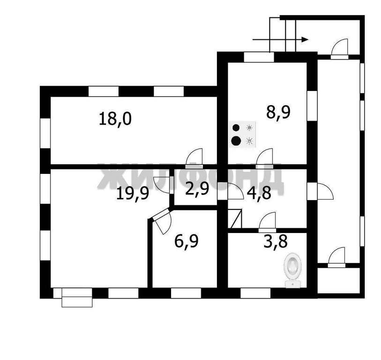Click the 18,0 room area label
115,119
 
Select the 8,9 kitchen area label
278,112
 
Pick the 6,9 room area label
187,241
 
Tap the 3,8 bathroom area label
276,241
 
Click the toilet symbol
293,270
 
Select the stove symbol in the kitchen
243,134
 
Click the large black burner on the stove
236,141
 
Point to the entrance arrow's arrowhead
305,39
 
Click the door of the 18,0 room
194,158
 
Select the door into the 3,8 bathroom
267,222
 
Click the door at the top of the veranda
340,49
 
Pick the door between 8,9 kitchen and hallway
264,158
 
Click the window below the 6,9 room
186,293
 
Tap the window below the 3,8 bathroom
255,293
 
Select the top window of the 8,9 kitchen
259,57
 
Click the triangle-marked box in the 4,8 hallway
235,218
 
